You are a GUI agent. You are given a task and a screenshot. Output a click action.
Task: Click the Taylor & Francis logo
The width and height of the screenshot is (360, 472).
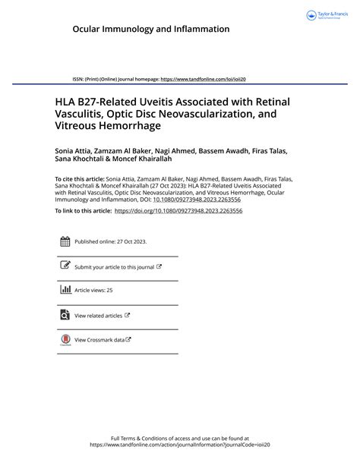(327, 14)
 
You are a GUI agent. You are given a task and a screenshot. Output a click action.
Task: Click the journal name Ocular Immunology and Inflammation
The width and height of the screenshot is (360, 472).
(150, 29)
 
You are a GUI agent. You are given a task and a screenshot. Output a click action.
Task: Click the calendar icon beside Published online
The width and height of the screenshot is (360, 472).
(65, 242)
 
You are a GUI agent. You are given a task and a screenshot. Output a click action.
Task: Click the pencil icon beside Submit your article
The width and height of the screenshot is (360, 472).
(65, 266)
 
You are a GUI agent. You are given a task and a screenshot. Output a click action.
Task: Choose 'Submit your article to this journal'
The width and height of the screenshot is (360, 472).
(114, 267)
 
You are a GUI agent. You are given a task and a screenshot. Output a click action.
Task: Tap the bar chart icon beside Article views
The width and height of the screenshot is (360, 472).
(65, 290)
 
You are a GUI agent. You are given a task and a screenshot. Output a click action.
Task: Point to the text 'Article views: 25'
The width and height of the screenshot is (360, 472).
(93, 291)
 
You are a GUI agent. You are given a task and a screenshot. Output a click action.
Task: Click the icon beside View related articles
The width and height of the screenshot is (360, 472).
(65, 314)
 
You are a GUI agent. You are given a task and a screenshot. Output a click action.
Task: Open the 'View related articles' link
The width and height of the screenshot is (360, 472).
(99, 315)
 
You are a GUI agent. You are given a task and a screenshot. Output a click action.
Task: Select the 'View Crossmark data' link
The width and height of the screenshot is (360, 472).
(99, 339)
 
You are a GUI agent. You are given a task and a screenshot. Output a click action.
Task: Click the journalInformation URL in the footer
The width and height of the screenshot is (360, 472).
(179, 445)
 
